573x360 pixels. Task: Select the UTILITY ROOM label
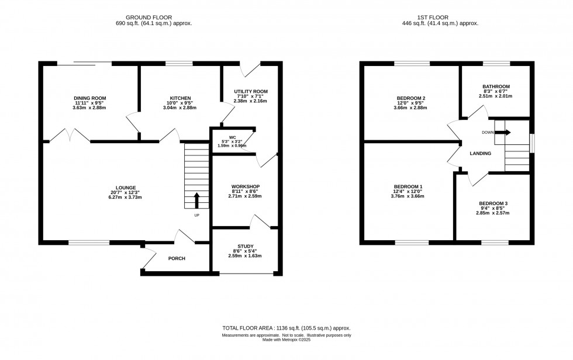tap(250, 91)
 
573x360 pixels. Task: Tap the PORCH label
tap(177, 258)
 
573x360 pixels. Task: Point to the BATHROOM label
tap(496, 86)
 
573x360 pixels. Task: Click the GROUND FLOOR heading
tap(154, 16)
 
